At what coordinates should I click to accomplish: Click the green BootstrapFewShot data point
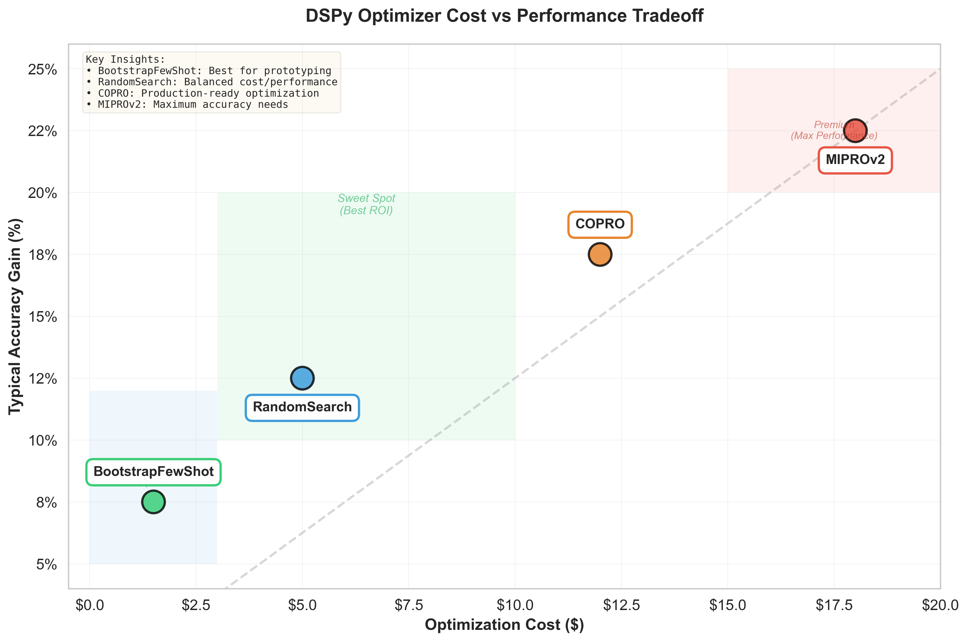(153, 502)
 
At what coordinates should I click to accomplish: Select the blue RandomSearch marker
(302, 378)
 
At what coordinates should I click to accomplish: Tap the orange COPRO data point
(600, 254)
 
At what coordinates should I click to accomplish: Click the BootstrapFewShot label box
(153, 472)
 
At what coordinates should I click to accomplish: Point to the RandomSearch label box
(302, 407)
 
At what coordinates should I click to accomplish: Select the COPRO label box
(600, 224)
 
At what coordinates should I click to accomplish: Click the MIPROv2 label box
(855, 160)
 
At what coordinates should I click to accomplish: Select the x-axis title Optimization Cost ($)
(504, 625)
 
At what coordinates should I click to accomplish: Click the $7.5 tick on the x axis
(408, 605)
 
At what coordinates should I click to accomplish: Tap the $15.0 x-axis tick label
(727, 605)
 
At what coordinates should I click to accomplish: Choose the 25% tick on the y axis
(43, 70)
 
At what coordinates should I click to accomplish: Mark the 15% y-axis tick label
(43, 317)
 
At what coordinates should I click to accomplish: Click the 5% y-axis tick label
(46, 564)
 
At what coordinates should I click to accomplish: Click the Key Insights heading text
(125, 59)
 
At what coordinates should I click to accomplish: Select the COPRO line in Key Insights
(202, 93)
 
